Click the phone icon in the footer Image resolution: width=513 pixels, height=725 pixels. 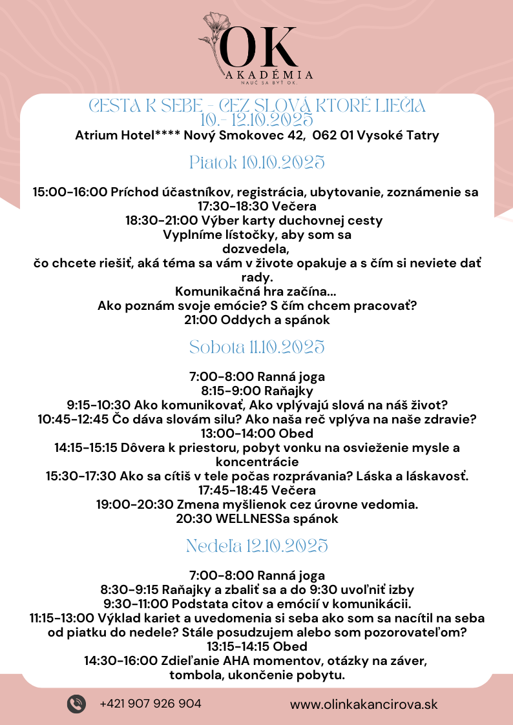pos(76,703)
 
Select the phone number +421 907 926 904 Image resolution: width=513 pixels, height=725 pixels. pos(151,703)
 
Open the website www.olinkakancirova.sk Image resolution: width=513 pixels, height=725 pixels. pos(364,704)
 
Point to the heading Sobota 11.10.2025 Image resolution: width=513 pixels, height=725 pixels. pos(256,347)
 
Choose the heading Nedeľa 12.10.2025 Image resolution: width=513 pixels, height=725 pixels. pos(256,546)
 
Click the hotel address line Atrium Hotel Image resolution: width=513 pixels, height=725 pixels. pos(256,136)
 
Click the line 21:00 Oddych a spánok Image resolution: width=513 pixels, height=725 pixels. pos(256,320)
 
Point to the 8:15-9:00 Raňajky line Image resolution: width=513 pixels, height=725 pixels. pos(256,391)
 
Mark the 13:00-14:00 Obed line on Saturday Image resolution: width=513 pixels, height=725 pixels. pos(256,433)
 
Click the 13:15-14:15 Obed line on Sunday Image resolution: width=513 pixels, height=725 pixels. pos(256,646)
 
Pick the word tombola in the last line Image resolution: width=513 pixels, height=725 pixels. pos(194,675)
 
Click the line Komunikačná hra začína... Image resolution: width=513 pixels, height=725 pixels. pos(256,291)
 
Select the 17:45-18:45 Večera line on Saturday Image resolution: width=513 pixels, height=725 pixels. pos(256,490)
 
